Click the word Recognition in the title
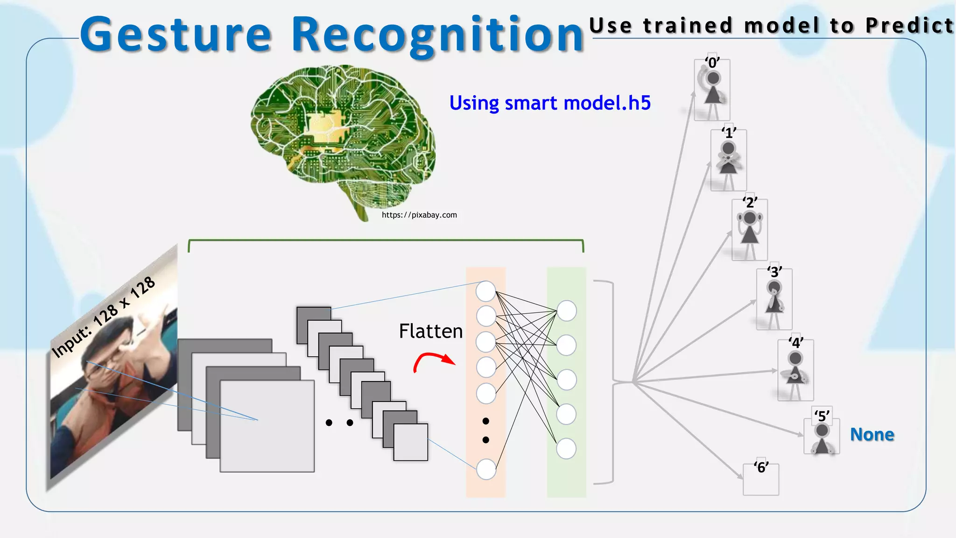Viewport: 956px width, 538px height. (437, 35)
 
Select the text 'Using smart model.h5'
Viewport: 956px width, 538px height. (549, 103)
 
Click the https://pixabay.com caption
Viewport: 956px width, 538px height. (419, 215)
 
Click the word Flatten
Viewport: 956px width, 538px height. (430, 331)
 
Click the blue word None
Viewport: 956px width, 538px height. (872, 434)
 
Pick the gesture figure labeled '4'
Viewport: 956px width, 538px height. (795, 371)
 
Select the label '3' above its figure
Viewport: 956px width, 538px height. (774, 271)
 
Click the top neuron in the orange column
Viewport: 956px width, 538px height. (485, 291)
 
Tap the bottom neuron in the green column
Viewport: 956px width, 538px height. (566, 448)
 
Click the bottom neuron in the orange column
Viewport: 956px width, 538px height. (486, 469)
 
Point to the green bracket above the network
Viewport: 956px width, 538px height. (386, 240)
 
